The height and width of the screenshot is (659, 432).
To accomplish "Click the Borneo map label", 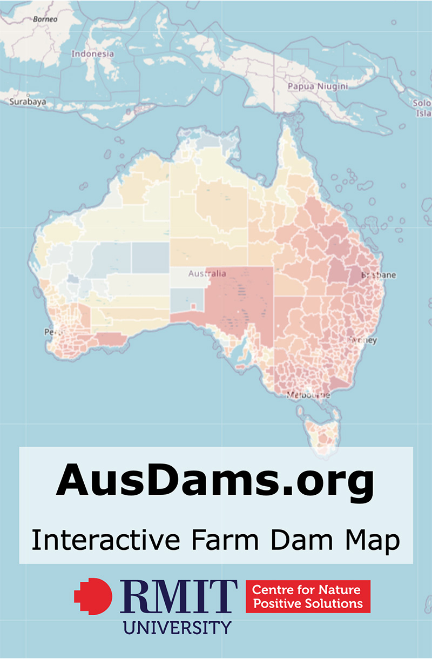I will point(45,19).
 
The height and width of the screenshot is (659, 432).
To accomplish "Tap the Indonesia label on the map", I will point(93,54).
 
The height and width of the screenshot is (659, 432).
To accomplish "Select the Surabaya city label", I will point(28,102).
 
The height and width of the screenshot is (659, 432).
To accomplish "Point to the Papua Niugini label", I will point(318,86).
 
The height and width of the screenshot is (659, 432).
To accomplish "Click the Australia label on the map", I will point(207,274).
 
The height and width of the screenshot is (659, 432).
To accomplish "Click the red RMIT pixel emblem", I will point(93,596).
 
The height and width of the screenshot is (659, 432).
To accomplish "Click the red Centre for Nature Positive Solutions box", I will point(308,596).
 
